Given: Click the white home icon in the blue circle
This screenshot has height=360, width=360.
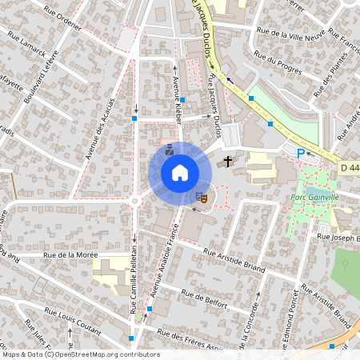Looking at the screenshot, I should [180, 172].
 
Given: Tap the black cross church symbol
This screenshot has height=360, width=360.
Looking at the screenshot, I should [228, 162].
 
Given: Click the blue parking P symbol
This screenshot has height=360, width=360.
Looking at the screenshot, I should [301, 153].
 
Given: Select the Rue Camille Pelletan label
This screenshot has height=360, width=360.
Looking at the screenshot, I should [131, 288].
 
